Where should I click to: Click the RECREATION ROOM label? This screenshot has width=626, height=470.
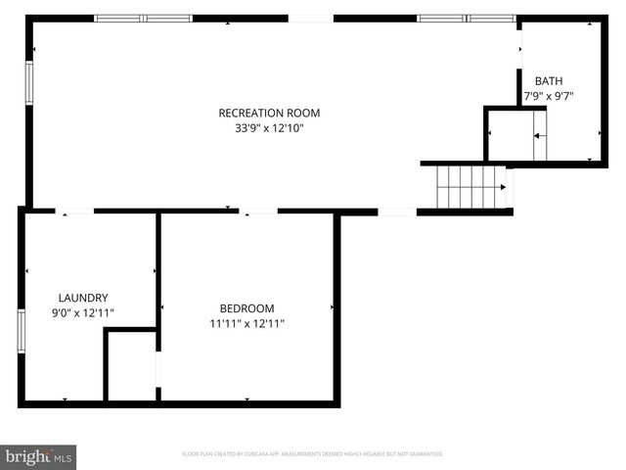269,113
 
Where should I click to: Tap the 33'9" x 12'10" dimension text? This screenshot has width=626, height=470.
269,128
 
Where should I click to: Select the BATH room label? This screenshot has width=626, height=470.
548,80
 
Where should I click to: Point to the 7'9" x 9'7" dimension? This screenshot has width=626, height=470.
548,96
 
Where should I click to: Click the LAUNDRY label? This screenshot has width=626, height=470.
83,298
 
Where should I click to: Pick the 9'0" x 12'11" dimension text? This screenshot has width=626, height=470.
83,313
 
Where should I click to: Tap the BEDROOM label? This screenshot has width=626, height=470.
246,307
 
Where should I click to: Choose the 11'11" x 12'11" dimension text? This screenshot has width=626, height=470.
246,323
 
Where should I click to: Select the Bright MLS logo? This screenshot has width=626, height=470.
39,456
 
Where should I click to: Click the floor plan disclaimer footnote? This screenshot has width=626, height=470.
313,454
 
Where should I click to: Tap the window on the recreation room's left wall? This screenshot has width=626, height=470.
28,87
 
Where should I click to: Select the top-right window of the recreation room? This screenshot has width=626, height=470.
466,18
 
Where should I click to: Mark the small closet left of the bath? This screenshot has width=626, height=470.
509,134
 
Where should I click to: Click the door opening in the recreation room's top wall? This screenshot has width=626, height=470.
311,18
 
